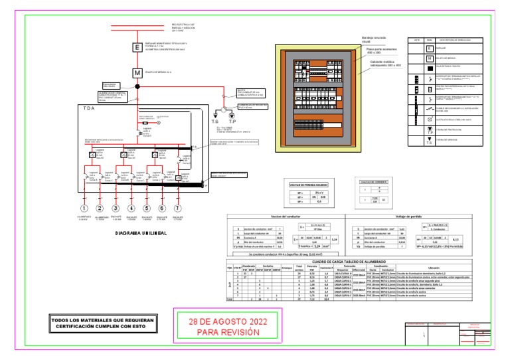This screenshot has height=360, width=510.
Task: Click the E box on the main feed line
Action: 135,48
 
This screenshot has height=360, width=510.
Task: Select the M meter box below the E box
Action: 135,72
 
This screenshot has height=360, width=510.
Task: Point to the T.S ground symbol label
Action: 215,122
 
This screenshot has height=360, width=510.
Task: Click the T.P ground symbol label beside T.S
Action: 231,122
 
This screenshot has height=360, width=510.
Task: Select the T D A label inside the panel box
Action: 86,108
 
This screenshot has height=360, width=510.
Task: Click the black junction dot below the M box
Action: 135,86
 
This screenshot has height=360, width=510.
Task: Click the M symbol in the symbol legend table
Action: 429,58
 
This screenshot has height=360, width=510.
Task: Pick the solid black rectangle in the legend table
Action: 429,68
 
